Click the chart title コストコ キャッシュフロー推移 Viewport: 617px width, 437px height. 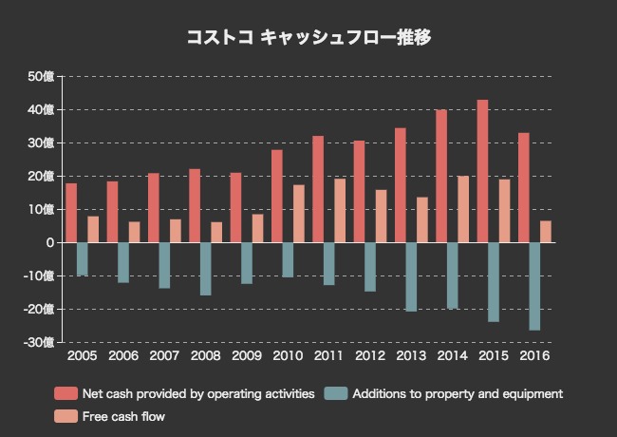click(308, 38)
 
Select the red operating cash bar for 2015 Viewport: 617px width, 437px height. click(482, 171)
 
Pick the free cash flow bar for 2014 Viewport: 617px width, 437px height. click(462, 209)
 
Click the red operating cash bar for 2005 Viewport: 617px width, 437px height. click(71, 213)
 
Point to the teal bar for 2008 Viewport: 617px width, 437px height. click(205, 269)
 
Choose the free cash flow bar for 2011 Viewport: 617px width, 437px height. click(340, 210)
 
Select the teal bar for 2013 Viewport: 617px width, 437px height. click(411, 276)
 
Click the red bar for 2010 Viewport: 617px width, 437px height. click(276, 196)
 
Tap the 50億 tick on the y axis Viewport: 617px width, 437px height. click(42, 76)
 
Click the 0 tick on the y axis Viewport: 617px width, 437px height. click(49, 242)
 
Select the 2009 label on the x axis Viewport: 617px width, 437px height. click(246, 356)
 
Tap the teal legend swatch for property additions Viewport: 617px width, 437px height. click(335, 393)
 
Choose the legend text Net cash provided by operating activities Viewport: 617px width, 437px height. click(198, 393)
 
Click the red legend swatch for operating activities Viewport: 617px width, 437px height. click(65, 393)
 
